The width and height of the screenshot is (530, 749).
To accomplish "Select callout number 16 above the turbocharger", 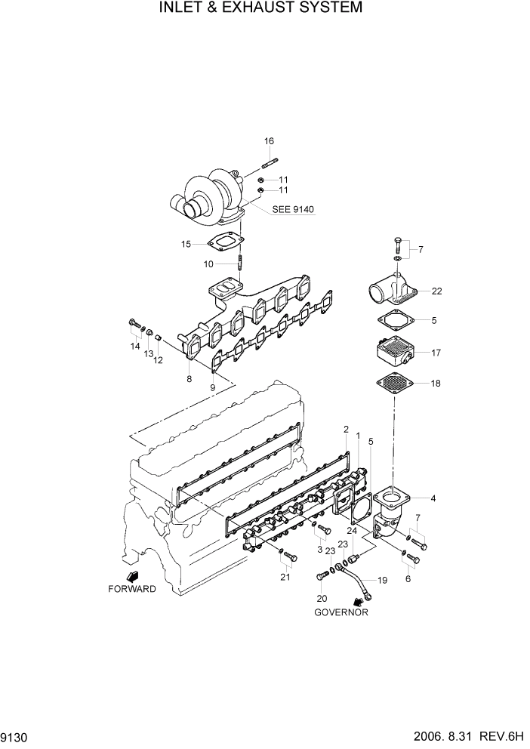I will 269,141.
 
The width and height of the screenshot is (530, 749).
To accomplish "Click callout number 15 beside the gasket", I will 186,243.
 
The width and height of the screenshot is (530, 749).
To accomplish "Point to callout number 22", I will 436,290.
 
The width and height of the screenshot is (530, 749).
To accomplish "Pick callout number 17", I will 436,352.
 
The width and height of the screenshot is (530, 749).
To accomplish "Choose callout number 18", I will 436,384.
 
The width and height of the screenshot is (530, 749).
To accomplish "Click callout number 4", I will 433,498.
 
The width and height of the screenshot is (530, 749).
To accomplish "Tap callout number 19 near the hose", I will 382,580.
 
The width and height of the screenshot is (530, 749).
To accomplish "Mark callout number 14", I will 135,346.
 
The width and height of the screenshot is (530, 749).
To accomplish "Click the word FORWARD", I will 132,589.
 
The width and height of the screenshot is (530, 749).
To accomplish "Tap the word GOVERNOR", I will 341,612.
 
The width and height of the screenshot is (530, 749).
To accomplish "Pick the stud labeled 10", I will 240,263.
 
